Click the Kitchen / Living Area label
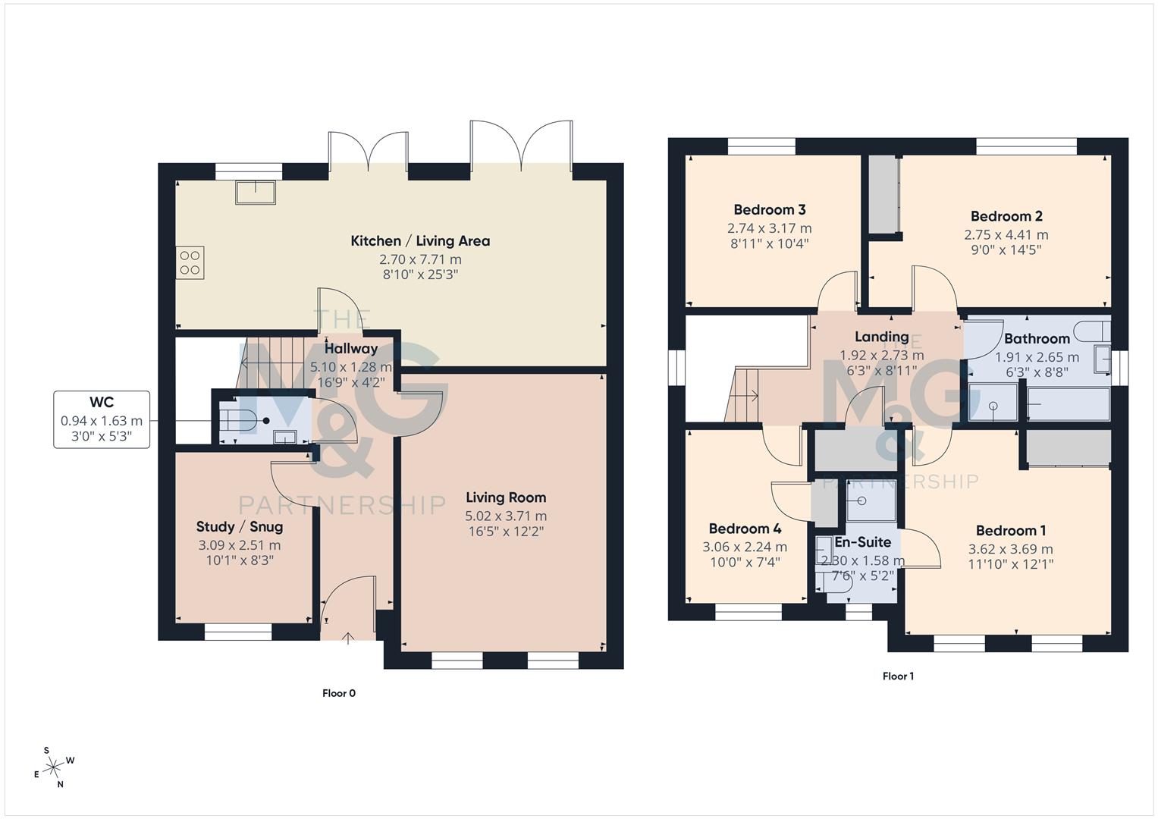[420, 241]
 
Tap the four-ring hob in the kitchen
[190, 262]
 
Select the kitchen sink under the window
[256, 193]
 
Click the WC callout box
[102, 419]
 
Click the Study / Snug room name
[240, 527]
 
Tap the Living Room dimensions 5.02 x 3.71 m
[506, 516]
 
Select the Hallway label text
[351, 349]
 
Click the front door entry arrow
[347, 638]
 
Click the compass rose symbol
[53, 768]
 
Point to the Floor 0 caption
[339, 693]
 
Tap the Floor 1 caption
[898, 676]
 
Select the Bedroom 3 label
[769, 210]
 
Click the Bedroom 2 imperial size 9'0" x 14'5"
[1006, 250]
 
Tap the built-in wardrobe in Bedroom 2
[883, 194]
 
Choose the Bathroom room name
[1037, 339]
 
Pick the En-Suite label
[862, 542]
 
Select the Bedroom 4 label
[745, 529]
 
